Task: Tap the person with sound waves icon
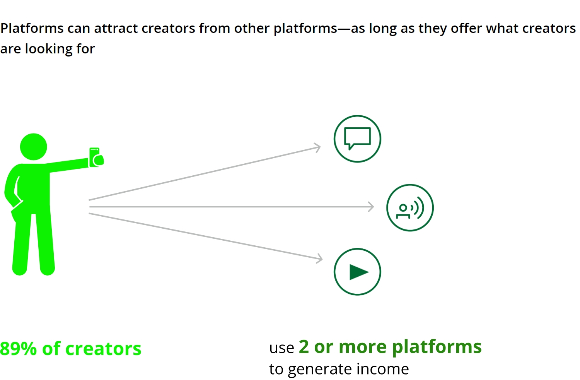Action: (x=410, y=208)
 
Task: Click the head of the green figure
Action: (x=33, y=147)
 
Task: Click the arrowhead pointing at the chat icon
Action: (x=318, y=147)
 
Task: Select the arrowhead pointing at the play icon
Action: (x=319, y=258)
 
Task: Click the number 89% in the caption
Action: (x=18, y=349)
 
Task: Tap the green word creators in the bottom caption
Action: (x=103, y=349)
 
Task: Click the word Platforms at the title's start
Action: (x=32, y=28)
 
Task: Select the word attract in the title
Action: (x=116, y=28)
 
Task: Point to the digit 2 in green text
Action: (x=304, y=347)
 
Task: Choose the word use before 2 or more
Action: (x=282, y=348)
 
